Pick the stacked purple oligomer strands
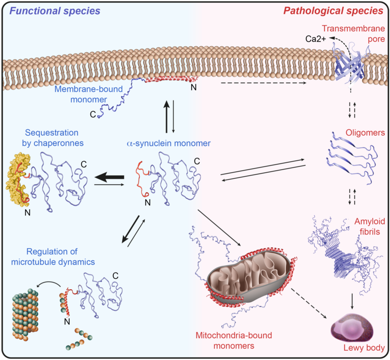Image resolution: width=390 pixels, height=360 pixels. (x=350, y=156)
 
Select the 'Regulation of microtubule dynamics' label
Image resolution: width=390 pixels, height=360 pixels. (x=53, y=257)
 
